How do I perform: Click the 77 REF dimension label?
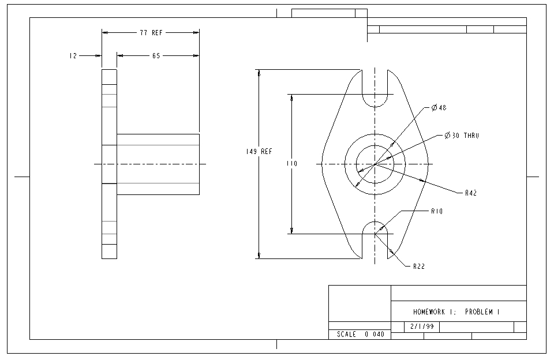click(x=151, y=33)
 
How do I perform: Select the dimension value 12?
click(x=73, y=56)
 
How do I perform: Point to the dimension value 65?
click(x=156, y=56)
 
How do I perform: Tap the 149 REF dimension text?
click(x=259, y=152)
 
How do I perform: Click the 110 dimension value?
click(x=292, y=164)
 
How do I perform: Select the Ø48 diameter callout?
click(x=439, y=108)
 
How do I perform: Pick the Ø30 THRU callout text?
click(x=462, y=136)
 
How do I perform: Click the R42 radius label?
click(x=470, y=193)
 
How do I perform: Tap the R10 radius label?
click(x=436, y=212)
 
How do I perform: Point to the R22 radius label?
click(x=419, y=267)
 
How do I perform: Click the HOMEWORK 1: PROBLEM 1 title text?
click(x=456, y=312)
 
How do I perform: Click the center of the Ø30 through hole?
click(x=375, y=164)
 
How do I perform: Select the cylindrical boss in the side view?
click(x=158, y=164)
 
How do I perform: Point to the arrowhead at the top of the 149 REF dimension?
click(x=259, y=73)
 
